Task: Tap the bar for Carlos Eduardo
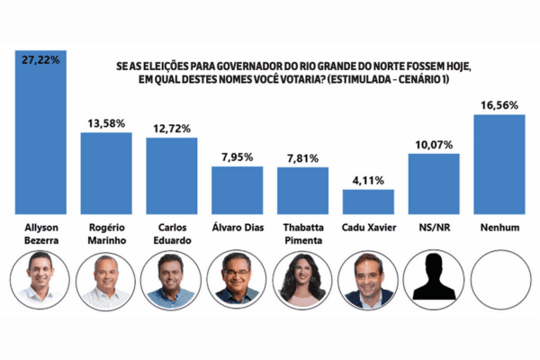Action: (x=172, y=175)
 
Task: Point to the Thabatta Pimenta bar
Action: (x=302, y=190)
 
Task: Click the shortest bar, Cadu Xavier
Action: (x=368, y=201)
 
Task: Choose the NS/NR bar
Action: (x=434, y=183)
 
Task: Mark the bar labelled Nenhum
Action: (x=499, y=163)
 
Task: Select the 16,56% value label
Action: (x=499, y=104)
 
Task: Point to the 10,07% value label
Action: (x=434, y=144)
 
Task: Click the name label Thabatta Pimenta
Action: (x=302, y=233)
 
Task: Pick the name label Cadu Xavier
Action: (x=368, y=228)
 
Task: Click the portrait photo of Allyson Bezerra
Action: (x=40, y=280)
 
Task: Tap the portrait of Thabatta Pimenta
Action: (x=302, y=280)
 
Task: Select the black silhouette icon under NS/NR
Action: (x=434, y=280)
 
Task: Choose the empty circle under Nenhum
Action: (x=499, y=280)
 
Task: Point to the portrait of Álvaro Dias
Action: (x=238, y=280)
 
